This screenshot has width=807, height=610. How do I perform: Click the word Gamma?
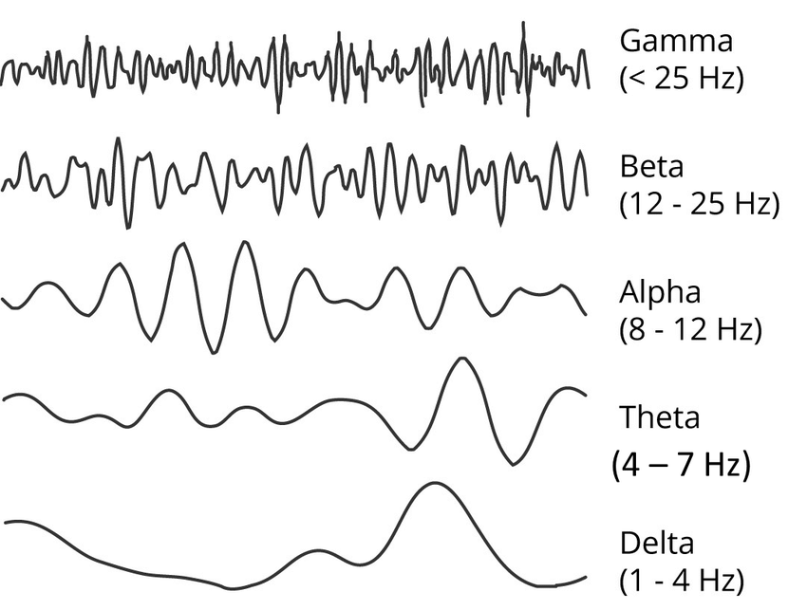(675, 42)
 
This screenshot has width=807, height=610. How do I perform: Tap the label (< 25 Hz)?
(680, 78)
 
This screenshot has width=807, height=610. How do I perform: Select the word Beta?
(651, 167)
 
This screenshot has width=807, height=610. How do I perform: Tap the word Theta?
(659, 417)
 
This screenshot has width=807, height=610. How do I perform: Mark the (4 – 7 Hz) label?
(680, 466)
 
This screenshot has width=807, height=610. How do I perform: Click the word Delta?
(657, 544)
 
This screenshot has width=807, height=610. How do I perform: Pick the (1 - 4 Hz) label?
(681, 579)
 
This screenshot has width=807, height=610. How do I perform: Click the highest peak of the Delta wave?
(433, 484)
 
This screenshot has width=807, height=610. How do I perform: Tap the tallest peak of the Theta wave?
(461, 359)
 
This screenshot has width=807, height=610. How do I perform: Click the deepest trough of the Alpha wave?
(211, 352)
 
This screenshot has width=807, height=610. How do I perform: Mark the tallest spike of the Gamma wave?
(524, 23)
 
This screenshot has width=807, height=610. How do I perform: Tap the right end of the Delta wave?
(585, 576)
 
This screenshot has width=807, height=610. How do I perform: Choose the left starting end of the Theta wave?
(6, 400)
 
